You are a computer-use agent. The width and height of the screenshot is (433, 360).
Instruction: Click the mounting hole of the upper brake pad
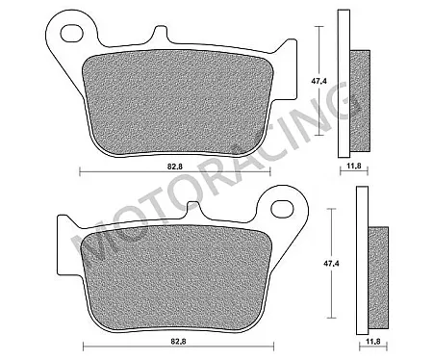[x=70, y=34]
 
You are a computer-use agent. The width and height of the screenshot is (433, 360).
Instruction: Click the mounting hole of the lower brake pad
[x=281, y=206]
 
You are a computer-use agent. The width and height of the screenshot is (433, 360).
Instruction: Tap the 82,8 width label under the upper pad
[x=173, y=167]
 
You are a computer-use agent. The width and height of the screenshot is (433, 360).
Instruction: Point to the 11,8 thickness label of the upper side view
[x=355, y=167]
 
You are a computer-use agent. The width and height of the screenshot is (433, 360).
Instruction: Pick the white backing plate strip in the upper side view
[x=343, y=82]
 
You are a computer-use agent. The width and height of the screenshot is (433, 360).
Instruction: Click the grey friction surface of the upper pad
[x=173, y=96]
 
